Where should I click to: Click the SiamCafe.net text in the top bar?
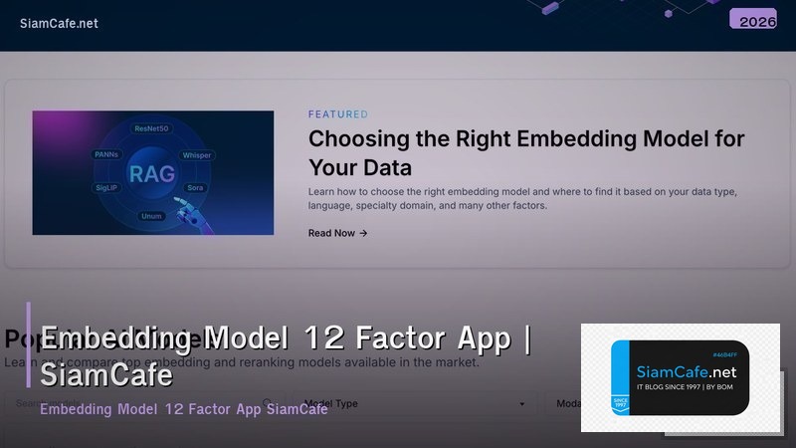point(59,23)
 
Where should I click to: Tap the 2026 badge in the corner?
point(752,20)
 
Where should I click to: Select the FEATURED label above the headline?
point(337,114)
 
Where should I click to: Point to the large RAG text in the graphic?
point(152,174)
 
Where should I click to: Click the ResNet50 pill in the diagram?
point(153,129)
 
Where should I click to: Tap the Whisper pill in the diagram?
point(198,155)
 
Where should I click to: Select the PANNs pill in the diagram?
point(107,155)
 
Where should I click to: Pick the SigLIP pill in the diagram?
point(107,186)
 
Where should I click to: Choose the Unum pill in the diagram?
point(152,214)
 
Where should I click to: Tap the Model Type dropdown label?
point(330,404)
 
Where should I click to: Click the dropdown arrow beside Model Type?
point(522,405)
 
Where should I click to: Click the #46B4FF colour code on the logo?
point(729,354)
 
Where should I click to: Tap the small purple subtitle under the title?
point(184,410)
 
